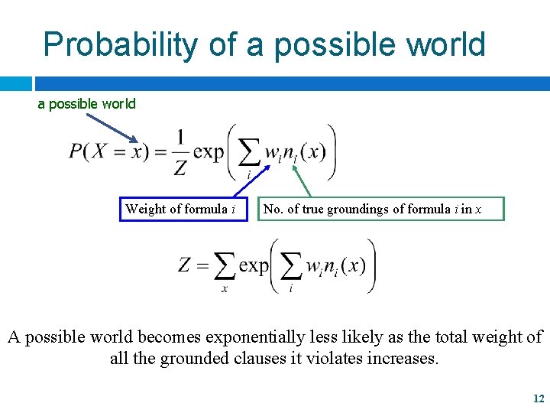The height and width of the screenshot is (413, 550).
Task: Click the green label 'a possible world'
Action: [x=87, y=104]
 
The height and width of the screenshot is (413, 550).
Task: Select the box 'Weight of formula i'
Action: [x=184, y=209]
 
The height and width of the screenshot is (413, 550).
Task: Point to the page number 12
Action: [x=538, y=398]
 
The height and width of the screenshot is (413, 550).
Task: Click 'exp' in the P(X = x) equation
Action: [x=209, y=151]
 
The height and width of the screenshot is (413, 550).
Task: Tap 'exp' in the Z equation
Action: [x=254, y=266]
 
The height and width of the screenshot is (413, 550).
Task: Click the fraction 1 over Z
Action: [x=180, y=152]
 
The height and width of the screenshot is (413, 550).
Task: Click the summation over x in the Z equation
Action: [x=225, y=269]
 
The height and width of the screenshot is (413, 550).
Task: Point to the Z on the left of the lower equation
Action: [x=185, y=266]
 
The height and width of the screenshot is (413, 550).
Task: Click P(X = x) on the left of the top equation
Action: [x=107, y=151]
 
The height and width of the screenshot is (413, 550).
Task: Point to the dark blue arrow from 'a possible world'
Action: [x=111, y=128]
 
